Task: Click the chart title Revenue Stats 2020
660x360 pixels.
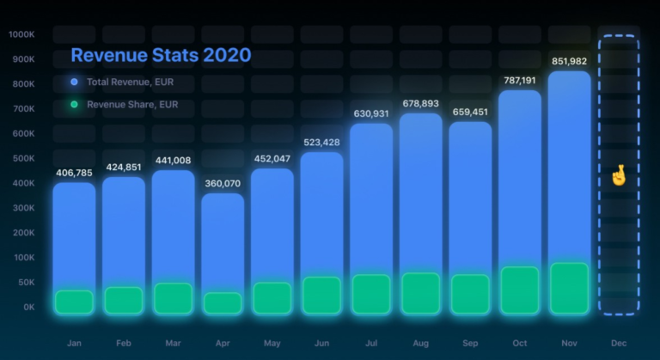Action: point(161,55)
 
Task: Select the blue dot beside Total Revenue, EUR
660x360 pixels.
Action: point(74,82)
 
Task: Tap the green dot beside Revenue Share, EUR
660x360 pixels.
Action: point(74,104)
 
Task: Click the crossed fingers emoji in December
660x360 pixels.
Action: point(618,175)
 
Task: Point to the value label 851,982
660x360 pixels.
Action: point(569,61)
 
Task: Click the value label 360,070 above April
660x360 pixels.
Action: point(222,184)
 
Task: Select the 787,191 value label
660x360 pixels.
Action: point(519,81)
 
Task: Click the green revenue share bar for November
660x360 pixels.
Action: point(569,288)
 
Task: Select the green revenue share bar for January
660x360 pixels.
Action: point(74,302)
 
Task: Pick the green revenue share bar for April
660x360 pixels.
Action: point(222,302)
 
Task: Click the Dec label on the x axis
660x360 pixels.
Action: point(619,343)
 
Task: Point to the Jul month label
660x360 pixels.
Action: point(371,343)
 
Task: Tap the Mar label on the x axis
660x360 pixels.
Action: point(173,343)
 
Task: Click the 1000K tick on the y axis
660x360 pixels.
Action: point(21,35)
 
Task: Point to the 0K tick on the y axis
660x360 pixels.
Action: point(28,307)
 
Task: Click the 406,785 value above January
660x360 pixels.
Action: point(74,173)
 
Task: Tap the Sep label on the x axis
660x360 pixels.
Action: point(470,343)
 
